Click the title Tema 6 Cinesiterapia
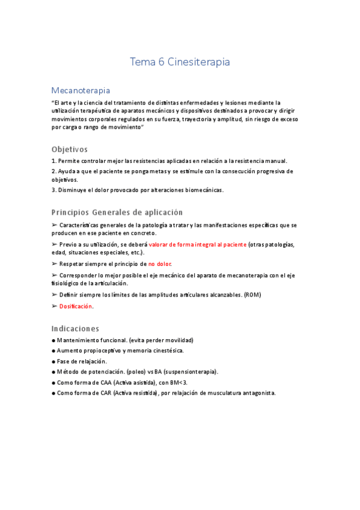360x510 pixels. (180, 62)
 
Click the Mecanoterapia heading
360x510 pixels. (81, 90)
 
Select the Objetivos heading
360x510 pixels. (70, 149)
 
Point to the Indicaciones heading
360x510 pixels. (75, 328)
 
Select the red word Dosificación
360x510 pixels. (76, 306)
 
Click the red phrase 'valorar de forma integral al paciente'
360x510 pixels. (197, 245)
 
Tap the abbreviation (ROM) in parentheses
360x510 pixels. (252, 295)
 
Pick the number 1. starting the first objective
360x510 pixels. (54, 161)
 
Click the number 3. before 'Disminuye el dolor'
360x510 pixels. (54, 190)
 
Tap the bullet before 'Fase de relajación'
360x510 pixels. (53, 361)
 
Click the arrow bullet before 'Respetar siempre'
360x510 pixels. (54, 264)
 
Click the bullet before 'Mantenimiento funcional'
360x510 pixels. (53, 340)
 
